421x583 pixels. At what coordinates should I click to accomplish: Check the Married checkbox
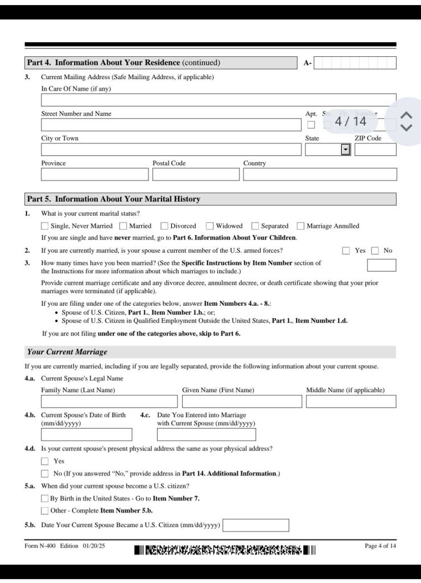pyautogui.click(x=123, y=226)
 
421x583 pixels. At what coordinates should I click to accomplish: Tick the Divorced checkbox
pyautogui.click(x=164, y=226)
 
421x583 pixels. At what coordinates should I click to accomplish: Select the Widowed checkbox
pyautogui.click(x=210, y=226)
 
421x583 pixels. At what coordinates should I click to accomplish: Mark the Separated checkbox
pyautogui.click(x=255, y=226)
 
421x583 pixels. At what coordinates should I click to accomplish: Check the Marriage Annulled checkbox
pyautogui.click(x=301, y=226)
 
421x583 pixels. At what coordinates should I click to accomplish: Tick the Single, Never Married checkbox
pyautogui.click(x=45, y=226)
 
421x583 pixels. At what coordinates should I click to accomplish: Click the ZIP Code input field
pyautogui.click(x=375, y=150)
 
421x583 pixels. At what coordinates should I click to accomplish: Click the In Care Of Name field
pyautogui.click(x=218, y=100)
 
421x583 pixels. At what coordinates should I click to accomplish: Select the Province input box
pyautogui.click(x=94, y=174)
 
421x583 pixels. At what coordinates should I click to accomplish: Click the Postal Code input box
pyautogui.click(x=196, y=174)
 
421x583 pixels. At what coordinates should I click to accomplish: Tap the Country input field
pyautogui.click(x=320, y=174)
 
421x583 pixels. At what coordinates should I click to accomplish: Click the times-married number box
pyautogui.click(x=381, y=265)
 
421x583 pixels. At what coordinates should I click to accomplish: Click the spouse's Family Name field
pyautogui.click(x=109, y=401)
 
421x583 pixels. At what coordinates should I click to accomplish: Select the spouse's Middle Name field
pyautogui.click(x=350, y=401)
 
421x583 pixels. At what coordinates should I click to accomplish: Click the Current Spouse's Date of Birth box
pyautogui.click(x=86, y=434)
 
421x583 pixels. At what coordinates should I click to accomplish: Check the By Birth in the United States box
pyautogui.click(x=45, y=499)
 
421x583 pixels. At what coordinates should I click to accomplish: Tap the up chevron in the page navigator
pyautogui.click(x=406, y=115)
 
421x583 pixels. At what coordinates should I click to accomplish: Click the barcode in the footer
pyautogui.click(x=225, y=550)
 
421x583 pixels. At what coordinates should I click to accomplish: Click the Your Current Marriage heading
pyautogui.click(x=67, y=352)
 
